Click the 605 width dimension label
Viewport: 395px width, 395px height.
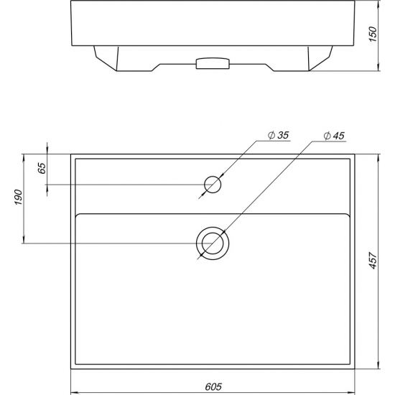click(x=213, y=386)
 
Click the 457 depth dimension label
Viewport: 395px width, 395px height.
click(x=373, y=260)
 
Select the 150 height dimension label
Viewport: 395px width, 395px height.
click(x=373, y=34)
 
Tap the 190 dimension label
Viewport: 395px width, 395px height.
click(x=19, y=197)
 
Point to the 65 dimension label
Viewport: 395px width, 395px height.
click(x=42, y=168)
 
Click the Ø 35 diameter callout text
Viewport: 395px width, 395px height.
click(x=278, y=135)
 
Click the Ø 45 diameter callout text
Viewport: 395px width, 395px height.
click(x=334, y=136)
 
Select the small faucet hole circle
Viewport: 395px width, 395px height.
click(x=213, y=177)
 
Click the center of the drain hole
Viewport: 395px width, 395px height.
click(x=213, y=243)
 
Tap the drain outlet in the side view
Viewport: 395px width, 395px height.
click(x=213, y=63)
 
